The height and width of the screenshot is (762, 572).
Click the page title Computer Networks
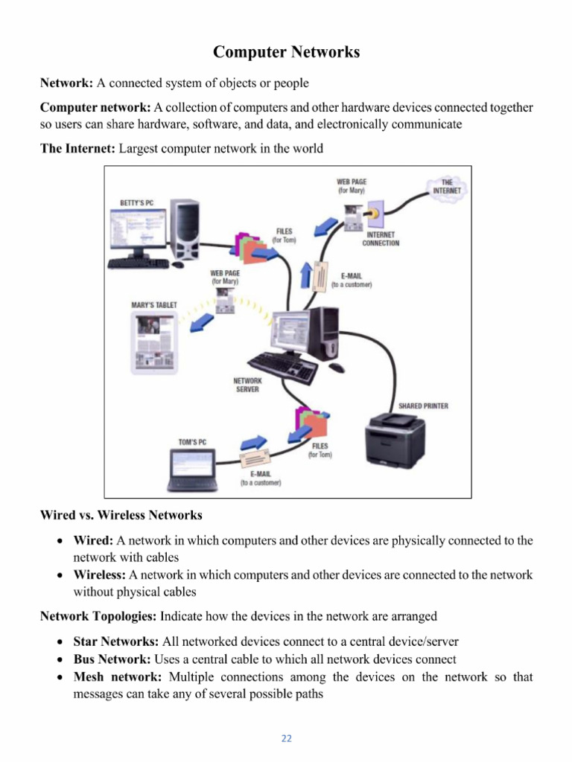286,52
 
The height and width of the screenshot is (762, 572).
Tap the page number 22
286,739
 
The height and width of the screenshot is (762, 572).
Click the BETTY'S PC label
138,202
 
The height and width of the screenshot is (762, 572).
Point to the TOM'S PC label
192,442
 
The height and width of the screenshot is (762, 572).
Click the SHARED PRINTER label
423,406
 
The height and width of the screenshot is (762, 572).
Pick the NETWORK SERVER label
247,385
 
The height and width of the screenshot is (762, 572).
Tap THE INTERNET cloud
446,186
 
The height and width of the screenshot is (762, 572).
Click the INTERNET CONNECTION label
381,239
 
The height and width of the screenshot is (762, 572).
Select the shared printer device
394,442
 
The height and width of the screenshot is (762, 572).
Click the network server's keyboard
282,365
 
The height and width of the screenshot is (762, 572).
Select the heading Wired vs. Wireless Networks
121,515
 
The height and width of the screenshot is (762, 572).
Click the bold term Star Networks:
115,641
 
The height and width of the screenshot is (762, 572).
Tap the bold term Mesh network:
118,677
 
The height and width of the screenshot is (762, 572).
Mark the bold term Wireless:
100,575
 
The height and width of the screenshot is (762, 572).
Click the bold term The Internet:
77,148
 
